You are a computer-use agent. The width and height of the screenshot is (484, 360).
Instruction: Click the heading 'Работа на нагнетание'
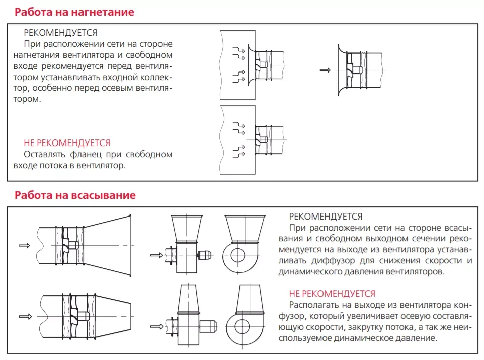(74, 12)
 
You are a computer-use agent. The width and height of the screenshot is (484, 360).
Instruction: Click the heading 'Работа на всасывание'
(75, 195)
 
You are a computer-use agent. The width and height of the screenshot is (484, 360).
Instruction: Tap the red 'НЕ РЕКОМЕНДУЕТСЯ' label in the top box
(67, 143)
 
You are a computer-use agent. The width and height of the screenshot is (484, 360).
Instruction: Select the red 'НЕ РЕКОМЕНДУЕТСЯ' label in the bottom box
(332, 293)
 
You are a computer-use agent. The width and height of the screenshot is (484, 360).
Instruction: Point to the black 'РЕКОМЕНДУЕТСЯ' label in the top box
(60, 33)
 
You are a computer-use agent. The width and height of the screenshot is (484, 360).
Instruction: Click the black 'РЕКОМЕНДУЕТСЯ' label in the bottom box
(326, 217)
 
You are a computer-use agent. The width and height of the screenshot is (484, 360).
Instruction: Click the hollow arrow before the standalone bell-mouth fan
(325, 70)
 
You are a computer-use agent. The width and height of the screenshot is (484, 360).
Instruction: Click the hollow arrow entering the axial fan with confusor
(24, 316)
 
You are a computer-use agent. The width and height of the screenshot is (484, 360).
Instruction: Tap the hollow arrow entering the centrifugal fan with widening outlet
(156, 255)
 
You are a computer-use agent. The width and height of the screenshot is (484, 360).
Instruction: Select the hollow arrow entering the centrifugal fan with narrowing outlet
(156, 325)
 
